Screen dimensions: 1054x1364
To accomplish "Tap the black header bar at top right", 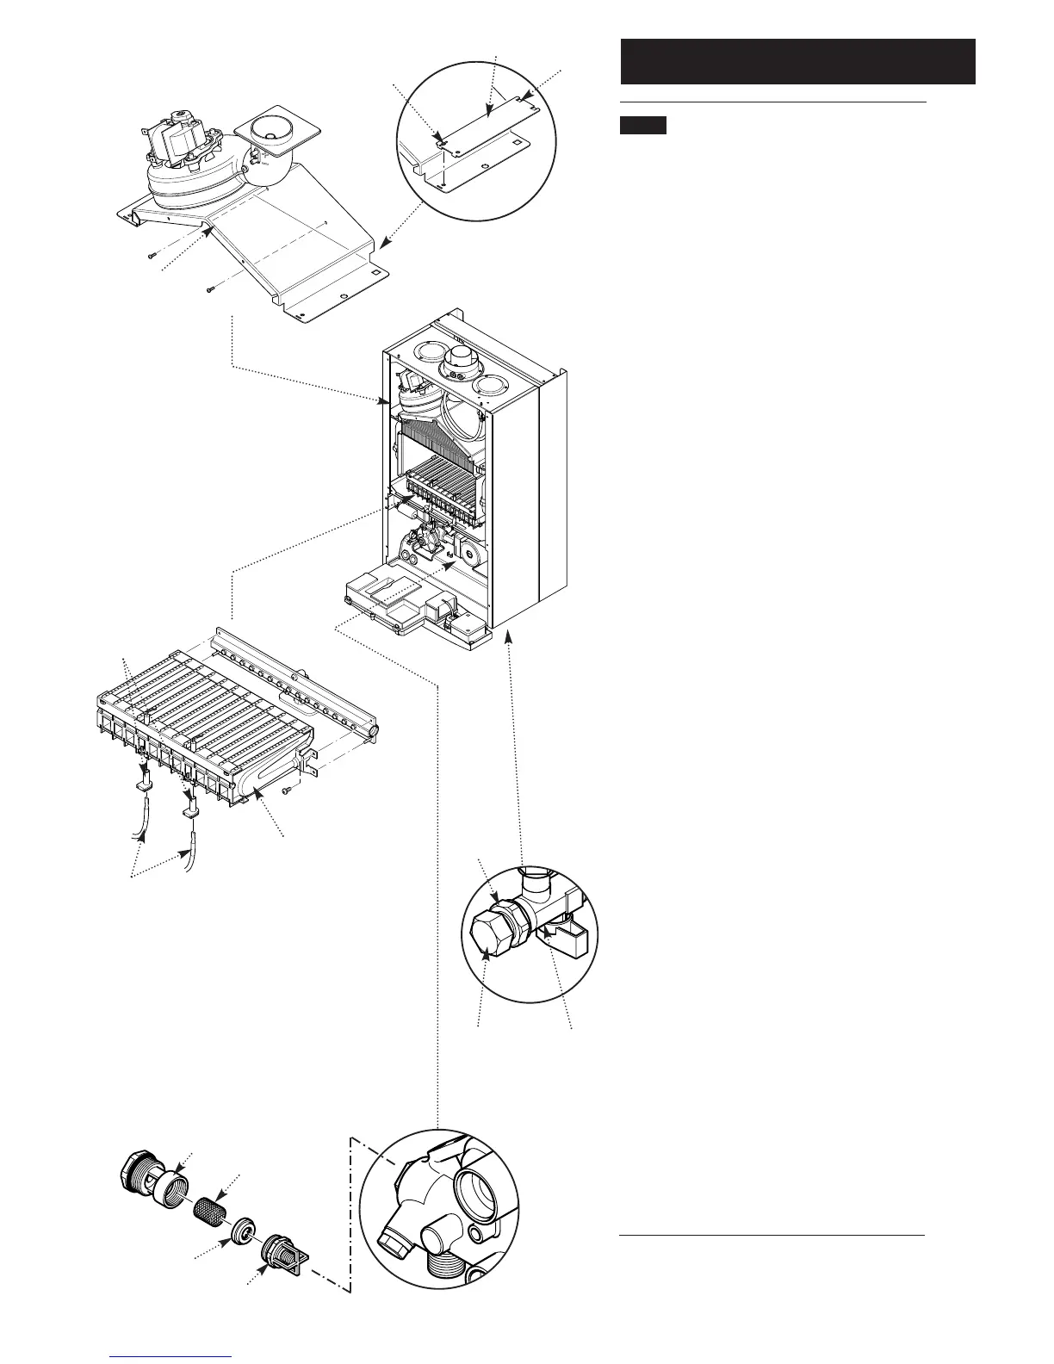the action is (x=797, y=61).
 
